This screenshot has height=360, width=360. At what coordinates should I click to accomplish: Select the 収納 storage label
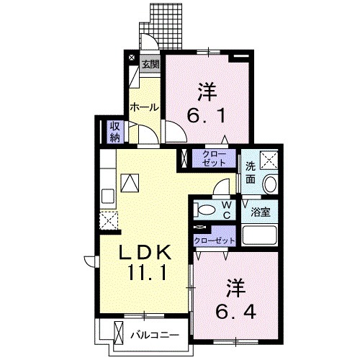point(115,131)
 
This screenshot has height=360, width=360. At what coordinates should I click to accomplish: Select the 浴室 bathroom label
point(260,213)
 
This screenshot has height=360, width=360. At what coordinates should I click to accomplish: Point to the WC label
point(225,210)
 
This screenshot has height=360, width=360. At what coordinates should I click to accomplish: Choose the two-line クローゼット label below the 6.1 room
point(213,158)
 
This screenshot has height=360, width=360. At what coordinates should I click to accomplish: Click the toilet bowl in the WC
point(204,210)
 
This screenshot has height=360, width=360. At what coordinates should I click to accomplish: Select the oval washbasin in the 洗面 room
point(271,184)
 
